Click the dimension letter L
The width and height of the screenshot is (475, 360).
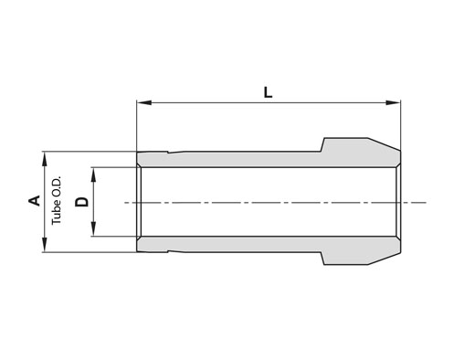(x=268, y=92)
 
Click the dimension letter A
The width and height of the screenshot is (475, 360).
(x=35, y=201)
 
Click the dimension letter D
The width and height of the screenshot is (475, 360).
(x=81, y=202)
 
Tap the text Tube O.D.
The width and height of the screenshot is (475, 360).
(x=57, y=200)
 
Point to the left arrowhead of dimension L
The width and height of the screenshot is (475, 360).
(x=144, y=102)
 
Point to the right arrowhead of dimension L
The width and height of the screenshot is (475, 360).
(x=393, y=102)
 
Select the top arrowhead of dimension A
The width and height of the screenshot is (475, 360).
(x=45, y=159)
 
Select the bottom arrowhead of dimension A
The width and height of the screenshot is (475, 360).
(x=45, y=245)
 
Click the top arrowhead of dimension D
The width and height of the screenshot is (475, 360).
(x=93, y=175)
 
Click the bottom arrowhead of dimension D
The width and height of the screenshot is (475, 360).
(x=93, y=229)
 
